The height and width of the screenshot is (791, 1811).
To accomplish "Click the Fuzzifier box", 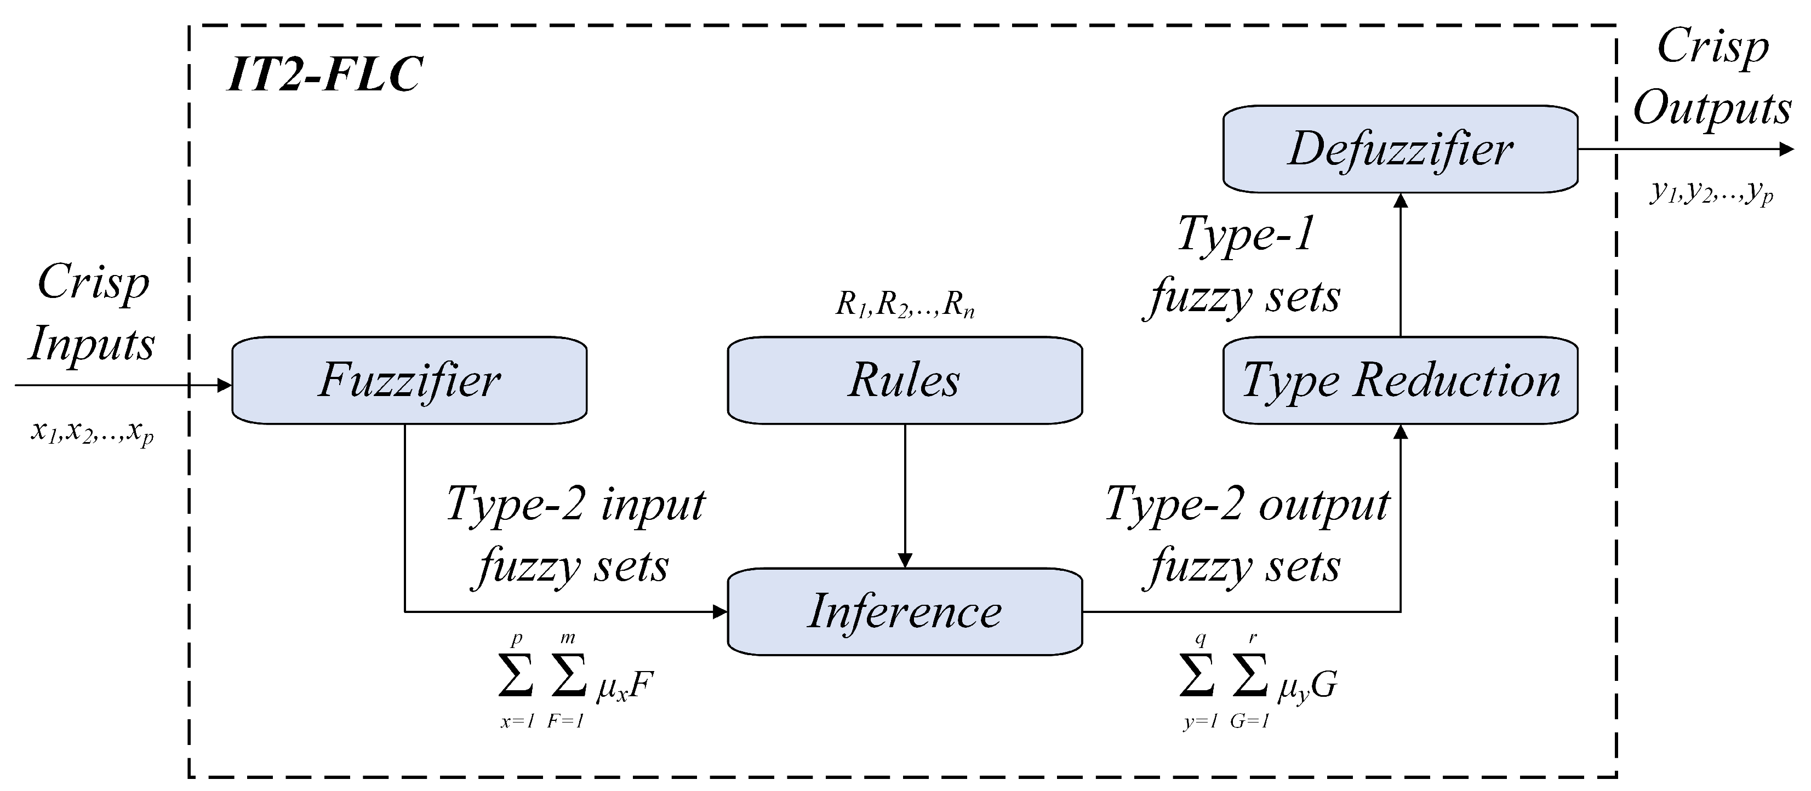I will tap(409, 380).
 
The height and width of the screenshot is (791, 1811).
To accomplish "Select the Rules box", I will tap(904, 380).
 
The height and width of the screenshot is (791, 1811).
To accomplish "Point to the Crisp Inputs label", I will tap(92, 312).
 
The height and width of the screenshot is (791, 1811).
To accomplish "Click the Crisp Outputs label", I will tap(1712, 77).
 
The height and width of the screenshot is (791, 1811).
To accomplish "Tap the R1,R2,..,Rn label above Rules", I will tap(904, 305).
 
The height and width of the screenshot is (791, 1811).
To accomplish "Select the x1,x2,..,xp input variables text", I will tap(92, 431).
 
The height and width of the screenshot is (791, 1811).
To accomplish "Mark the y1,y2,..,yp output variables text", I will tap(1712, 191).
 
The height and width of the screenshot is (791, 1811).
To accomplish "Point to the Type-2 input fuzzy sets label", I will tap(575, 535).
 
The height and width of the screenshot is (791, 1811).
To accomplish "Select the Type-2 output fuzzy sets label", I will tap(1247, 535).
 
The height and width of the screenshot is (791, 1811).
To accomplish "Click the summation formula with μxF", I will tap(575, 682).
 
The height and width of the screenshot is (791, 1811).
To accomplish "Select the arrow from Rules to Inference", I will tap(905, 496).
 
